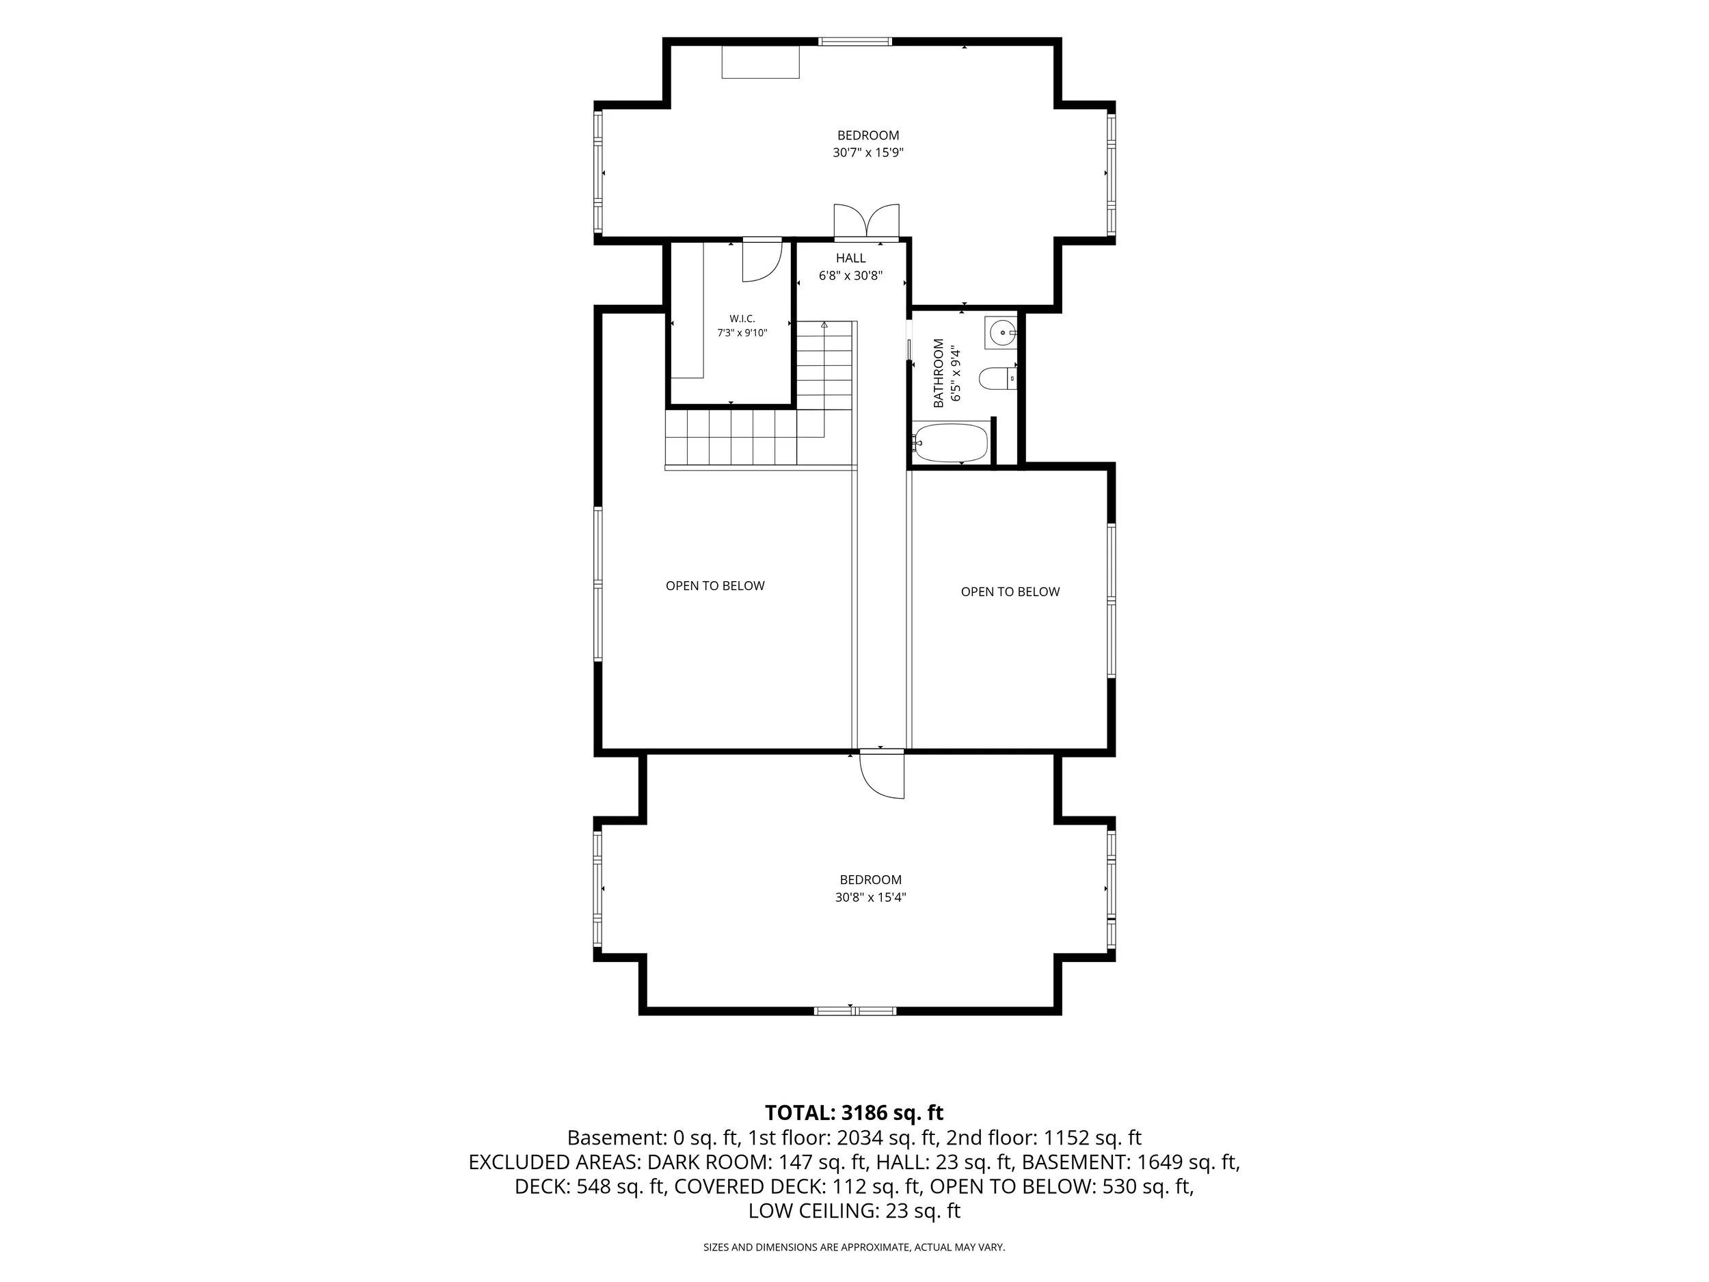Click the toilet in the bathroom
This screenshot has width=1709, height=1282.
997,379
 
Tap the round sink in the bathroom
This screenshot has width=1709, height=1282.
1002,332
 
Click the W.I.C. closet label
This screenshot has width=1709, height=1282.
742,319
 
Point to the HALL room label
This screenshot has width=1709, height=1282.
850,258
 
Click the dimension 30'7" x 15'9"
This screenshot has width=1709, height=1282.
868,153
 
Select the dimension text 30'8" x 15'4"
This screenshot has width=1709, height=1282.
871,897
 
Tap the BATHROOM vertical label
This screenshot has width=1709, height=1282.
939,373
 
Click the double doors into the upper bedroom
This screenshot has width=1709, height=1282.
867,221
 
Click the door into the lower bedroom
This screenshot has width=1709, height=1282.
883,773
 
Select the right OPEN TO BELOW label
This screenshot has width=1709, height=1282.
1010,592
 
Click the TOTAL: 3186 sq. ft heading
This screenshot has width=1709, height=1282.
854,1112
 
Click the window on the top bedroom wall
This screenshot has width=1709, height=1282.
855,42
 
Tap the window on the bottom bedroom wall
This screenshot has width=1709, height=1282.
855,1010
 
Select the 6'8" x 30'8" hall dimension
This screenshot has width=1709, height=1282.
850,276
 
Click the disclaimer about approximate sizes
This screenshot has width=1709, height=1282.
854,1247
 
